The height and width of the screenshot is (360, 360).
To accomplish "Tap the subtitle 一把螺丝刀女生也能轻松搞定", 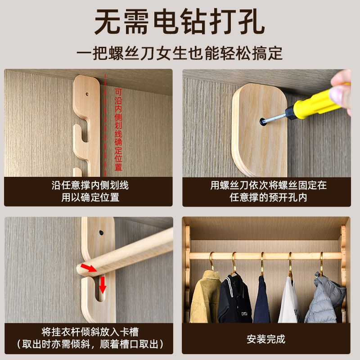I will (180, 53).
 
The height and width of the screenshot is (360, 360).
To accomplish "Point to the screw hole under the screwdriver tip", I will (262, 121).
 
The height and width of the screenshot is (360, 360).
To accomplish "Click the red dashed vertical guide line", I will (106, 126).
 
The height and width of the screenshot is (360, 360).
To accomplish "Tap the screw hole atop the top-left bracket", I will (87, 94).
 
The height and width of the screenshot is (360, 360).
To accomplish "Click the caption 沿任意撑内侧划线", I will (90, 185).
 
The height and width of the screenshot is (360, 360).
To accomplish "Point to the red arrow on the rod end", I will (90, 268).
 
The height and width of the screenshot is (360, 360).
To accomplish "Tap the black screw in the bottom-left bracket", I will (101, 233).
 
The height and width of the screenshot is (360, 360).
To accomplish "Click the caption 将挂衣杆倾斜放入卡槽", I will (90, 333).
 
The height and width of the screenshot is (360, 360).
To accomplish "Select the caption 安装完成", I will (265, 339).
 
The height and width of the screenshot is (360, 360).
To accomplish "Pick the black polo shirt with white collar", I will (234, 299).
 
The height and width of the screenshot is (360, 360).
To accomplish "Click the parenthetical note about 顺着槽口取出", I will (90, 345).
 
